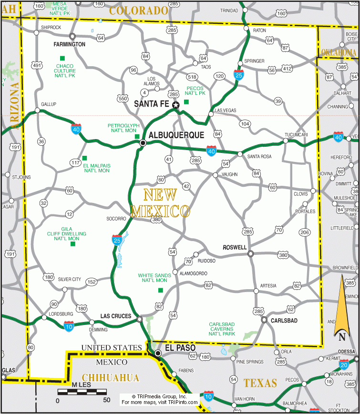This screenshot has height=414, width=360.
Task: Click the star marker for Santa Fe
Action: click(x=176, y=105)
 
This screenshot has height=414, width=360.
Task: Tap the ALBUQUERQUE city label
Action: click(x=176, y=135)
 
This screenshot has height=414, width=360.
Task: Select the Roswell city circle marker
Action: click(x=251, y=254)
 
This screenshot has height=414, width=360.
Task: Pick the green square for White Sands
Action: click(x=160, y=290)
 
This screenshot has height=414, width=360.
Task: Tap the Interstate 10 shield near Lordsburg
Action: click(x=69, y=326)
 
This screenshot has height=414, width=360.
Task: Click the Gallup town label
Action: click(x=49, y=104)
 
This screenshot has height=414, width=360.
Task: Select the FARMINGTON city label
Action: click(x=69, y=44)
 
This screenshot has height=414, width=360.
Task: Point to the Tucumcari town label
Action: click(x=296, y=135)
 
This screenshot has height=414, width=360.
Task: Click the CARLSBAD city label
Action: click(x=284, y=321)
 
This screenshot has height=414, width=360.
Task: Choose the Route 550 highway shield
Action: click(x=123, y=99)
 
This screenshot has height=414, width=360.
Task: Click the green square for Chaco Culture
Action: click(x=62, y=59)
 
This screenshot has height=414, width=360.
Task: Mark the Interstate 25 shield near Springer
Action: click(x=238, y=74)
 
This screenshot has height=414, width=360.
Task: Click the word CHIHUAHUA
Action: click(x=111, y=378)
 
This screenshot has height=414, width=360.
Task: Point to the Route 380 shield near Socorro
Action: click(x=156, y=220)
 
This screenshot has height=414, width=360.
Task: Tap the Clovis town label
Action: click(x=300, y=194)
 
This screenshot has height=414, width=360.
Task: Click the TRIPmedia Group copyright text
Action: click(x=159, y=396)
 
